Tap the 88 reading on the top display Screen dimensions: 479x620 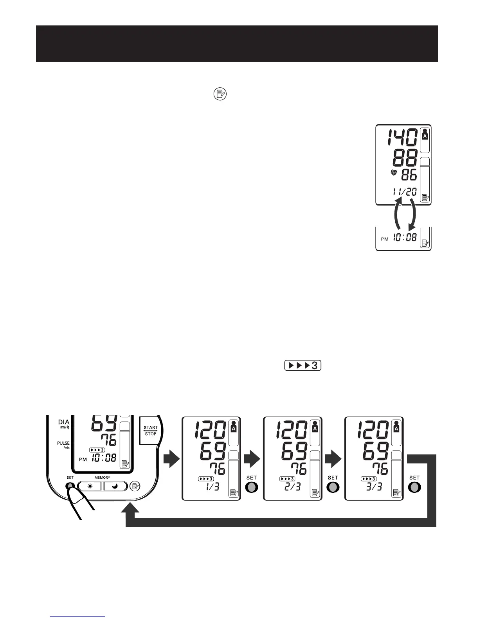tap(405, 158)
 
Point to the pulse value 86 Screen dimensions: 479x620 tap(409, 175)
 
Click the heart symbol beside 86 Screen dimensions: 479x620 tap(394, 173)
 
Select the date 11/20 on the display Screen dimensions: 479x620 tap(403, 192)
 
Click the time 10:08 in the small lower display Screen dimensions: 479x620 tap(405, 237)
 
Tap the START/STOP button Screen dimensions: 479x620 tap(150, 431)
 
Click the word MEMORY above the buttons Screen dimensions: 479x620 tap(102, 478)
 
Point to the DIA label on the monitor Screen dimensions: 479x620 tap(63, 422)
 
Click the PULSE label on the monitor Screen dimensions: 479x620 tap(63, 443)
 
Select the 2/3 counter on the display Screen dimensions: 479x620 tap(293, 487)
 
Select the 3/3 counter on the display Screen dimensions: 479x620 tap(375, 487)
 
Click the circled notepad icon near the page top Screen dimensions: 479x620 tap(220, 94)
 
